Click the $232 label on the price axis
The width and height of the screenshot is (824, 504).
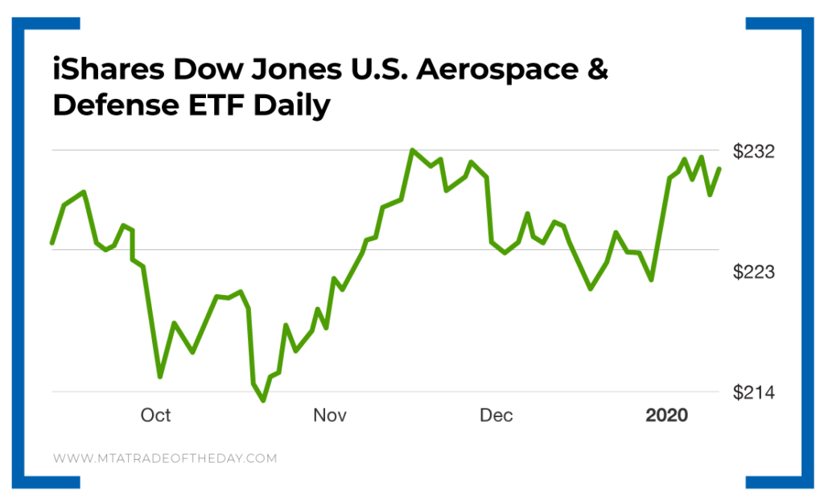[x=754, y=151]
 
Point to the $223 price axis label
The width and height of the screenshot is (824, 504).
[x=754, y=272]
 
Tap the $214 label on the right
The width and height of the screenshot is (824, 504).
[x=754, y=392]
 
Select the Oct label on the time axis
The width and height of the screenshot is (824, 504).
[x=155, y=415]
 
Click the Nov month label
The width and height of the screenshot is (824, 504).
[x=329, y=415]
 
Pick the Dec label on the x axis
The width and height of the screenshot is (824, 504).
[x=496, y=415]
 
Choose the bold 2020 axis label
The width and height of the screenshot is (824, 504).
[x=667, y=415]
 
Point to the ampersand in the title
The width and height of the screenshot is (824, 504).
[x=596, y=70]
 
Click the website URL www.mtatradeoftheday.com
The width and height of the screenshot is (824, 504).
[x=165, y=458]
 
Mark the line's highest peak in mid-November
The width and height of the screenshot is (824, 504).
[x=412, y=150]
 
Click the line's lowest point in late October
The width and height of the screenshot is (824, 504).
[x=263, y=400]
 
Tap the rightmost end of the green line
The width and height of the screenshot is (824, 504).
[x=719, y=168]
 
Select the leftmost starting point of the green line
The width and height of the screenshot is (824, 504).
[x=52, y=242]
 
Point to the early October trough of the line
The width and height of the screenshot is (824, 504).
[x=160, y=376]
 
